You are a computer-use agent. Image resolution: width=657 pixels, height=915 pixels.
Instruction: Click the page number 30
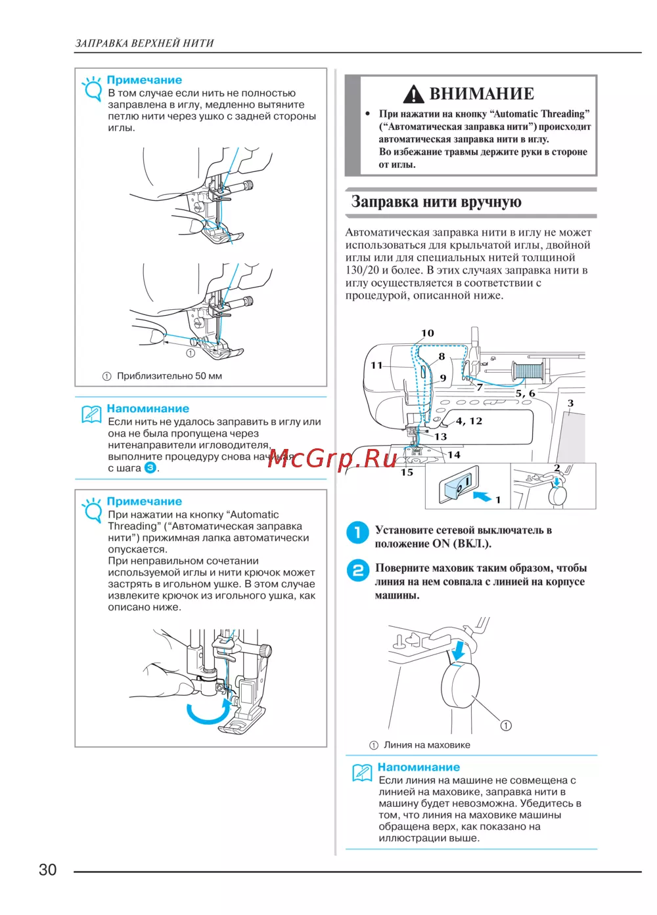[x=48, y=870]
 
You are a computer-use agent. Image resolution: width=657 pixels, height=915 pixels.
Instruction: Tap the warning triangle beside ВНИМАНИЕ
[x=413, y=95]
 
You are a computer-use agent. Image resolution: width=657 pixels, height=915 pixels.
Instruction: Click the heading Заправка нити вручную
[x=436, y=202]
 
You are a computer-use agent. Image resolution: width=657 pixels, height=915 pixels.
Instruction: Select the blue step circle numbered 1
[x=357, y=532]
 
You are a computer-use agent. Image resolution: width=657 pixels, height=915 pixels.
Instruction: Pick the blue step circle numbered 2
[x=357, y=570]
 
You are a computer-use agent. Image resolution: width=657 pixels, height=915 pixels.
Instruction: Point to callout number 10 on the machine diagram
[x=428, y=333]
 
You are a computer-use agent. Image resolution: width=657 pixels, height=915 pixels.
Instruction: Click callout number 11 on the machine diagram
[x=376, y=366]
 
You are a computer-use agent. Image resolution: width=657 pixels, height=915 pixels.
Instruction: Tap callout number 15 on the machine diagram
[x=407, y=473]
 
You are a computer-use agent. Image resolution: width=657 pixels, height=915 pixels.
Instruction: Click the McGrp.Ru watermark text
[x=332, y=459]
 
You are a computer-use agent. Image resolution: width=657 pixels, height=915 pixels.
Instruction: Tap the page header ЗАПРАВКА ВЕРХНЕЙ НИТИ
[x=145, y=43]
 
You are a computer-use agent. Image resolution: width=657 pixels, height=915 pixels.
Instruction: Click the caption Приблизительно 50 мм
[x=169, y=376]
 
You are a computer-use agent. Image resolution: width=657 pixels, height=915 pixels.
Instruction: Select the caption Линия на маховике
[x=426, y=745]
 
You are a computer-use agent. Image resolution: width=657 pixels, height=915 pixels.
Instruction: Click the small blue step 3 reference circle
[x=150, y=468]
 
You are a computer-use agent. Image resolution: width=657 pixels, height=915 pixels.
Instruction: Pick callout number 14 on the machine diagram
[x=454, y=455]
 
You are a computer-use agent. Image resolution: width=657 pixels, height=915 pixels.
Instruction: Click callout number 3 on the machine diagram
[x=570, y=403]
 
